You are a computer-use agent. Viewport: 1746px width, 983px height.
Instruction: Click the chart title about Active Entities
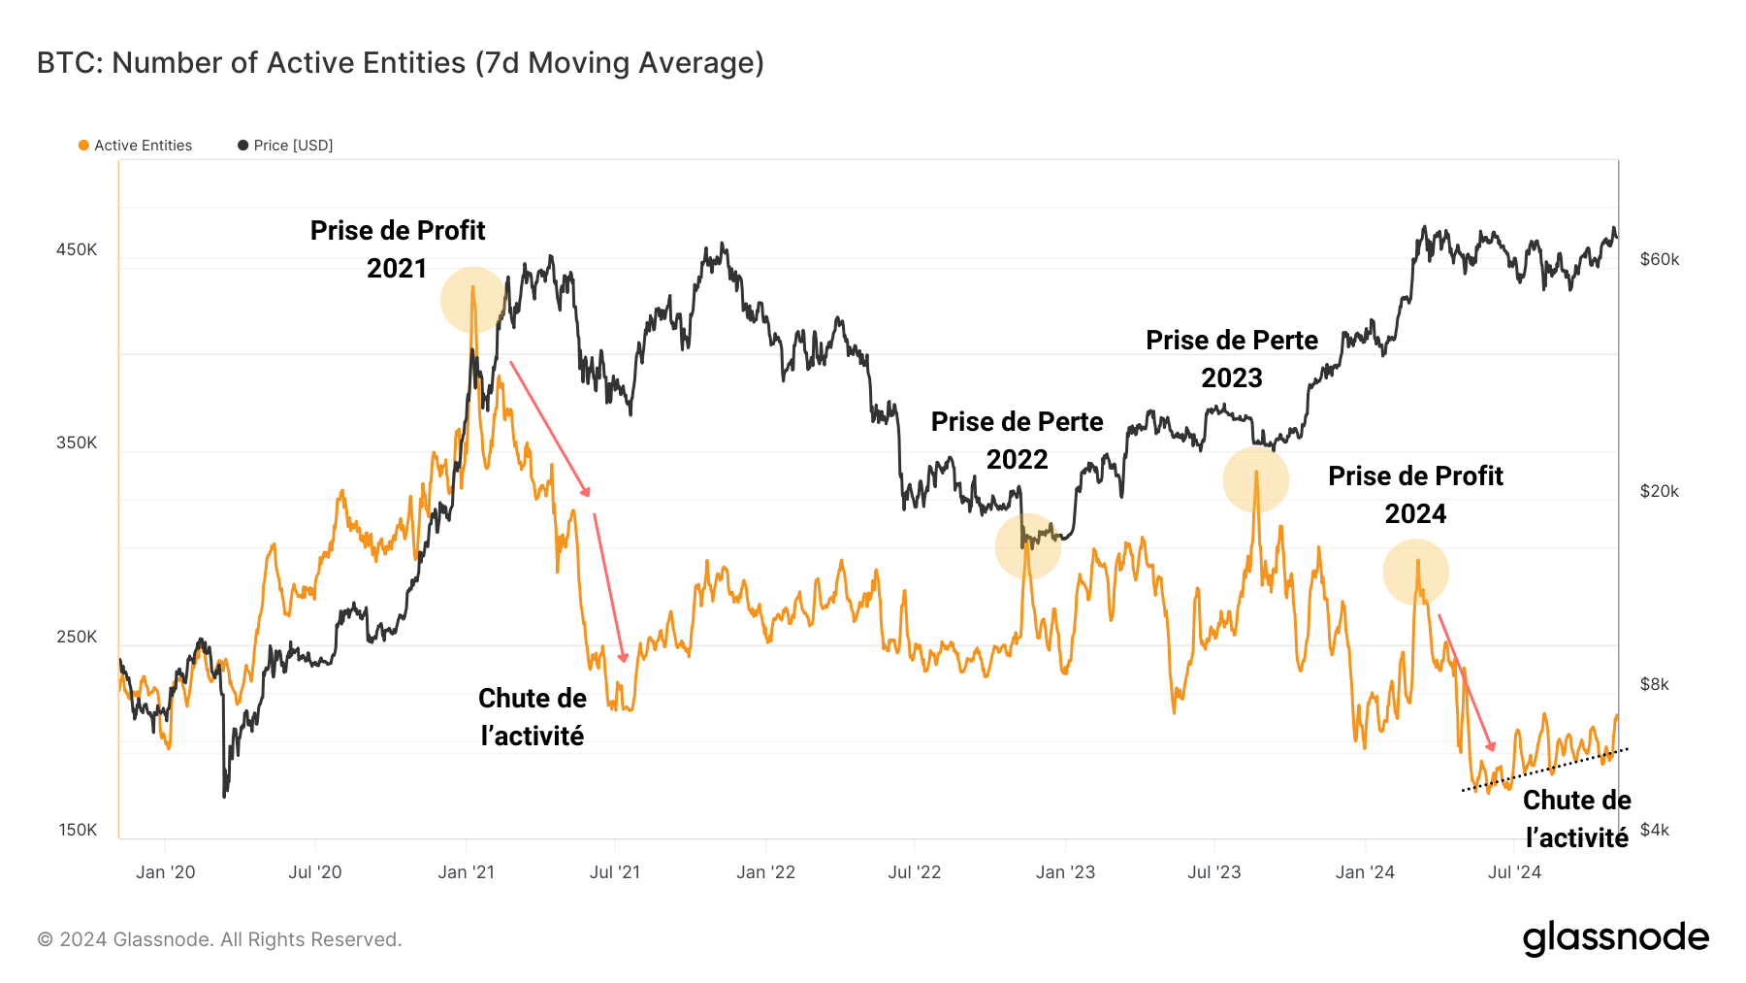400,63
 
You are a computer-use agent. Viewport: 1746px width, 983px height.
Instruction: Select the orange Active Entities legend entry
136,146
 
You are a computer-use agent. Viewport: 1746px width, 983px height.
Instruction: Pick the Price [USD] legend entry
286,146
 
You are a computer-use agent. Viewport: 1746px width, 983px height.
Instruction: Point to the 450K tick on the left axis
77,249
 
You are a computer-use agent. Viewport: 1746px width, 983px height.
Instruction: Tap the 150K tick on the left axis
78,830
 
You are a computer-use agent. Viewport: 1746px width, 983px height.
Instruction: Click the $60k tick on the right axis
1660,259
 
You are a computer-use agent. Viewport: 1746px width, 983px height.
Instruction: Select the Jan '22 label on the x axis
765,872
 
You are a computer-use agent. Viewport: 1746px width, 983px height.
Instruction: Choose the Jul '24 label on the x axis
1514,872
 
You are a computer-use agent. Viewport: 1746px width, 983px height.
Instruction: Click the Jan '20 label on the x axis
166,872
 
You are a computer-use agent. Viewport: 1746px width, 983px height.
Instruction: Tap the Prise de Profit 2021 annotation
398,249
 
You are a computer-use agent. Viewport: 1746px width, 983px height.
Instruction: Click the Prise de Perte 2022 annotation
1017,441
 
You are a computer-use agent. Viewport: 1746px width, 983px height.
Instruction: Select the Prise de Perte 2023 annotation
1232,359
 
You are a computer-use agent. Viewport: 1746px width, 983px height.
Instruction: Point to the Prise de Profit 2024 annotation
1415,495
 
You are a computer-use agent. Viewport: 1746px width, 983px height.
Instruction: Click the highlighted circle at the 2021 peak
473,300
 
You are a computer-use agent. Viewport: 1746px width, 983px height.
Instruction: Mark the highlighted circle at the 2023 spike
1256,479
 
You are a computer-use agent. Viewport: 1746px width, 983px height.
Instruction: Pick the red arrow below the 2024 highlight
1466,682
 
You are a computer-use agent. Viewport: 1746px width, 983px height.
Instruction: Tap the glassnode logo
1615,938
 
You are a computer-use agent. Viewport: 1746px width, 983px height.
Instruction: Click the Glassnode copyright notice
219,939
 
